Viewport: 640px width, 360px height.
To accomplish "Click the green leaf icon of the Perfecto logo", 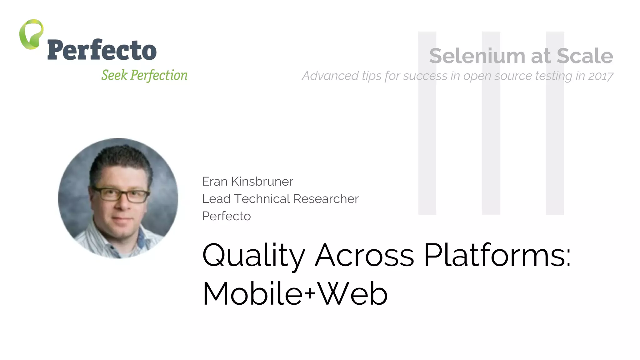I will pos(31,34).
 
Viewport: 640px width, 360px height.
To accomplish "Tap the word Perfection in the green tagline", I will pos(159,75).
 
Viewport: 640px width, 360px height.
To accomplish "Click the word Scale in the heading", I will pos(585,56).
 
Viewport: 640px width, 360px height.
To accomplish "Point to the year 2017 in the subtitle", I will pos(600,76).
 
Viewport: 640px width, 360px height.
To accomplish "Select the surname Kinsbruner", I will pos(262,182).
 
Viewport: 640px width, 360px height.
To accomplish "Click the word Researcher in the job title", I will pos(326,199).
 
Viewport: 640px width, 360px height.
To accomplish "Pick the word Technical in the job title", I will pos(262,199).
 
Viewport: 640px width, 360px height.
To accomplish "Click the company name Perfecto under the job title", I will pos(226,216).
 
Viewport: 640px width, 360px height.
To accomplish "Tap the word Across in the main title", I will pos(364,256).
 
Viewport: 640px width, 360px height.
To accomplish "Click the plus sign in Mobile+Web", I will pos(309,293).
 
